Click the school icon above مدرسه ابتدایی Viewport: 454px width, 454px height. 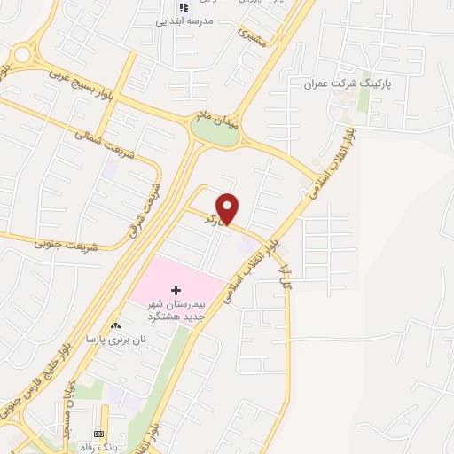pyautogui.click(x=184, y=6)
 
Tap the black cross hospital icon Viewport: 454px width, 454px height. pyautogui.click(x=176, y=291)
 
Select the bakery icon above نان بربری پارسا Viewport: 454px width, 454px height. pyautogui.click(x=116, y=326)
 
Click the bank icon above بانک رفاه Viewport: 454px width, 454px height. pyautogui.click(x=98, y=434)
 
